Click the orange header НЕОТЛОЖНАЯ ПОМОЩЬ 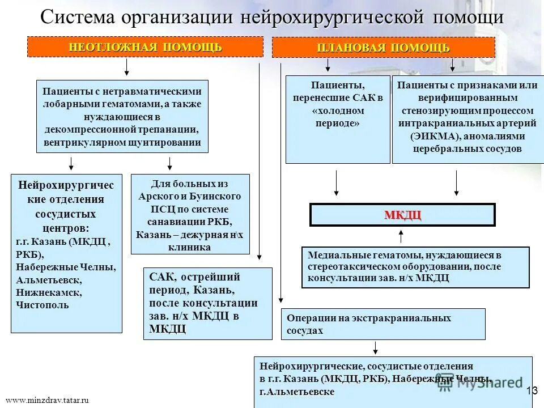click(145, 47)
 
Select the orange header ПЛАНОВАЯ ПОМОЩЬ click(384, 48)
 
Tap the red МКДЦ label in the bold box click(402, 215)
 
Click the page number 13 click(532, 390)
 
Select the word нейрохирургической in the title click(333, 17)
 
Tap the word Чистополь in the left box click(42, 305)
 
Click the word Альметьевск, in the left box click(49, 280)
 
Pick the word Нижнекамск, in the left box click(49, 292)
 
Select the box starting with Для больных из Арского click(190, 214)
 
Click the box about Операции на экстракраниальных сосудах click(383, 324)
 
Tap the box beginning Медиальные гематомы click(415, 267)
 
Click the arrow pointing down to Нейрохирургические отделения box click(71, 163)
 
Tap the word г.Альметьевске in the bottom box click(297, 392)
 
